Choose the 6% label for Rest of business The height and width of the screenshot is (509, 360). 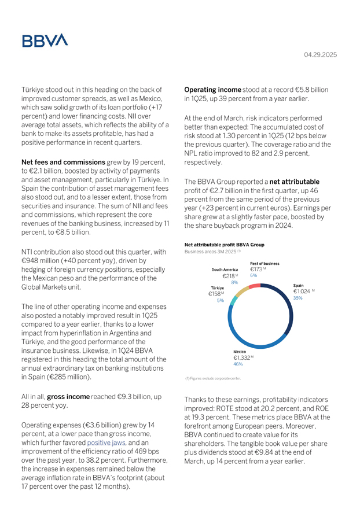(x=254, y=276)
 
